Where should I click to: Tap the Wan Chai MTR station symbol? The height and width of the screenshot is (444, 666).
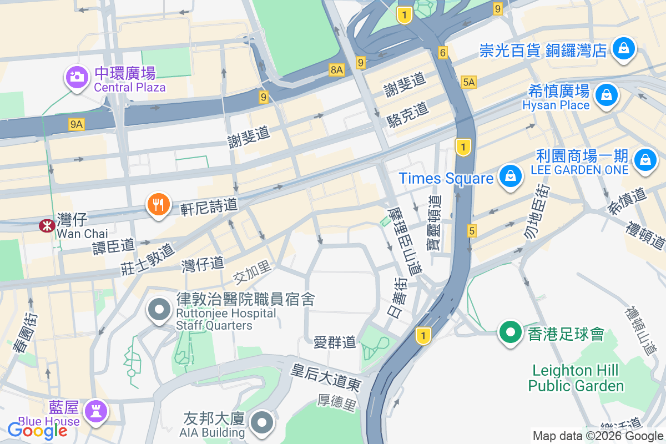click(x=45, y=225)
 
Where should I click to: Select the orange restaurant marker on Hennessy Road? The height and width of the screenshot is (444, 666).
click(x=158, y=205)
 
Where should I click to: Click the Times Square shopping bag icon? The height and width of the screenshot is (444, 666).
click(x=509, y=176)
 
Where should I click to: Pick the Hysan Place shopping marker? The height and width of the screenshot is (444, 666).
click(x=607, y=95)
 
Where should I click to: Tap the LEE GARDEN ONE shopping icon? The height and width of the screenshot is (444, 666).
click(x=645, y=159)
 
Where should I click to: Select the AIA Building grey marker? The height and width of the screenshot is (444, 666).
click(x=261, y=423)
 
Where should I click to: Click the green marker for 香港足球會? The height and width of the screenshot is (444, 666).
click(x=509, y=332)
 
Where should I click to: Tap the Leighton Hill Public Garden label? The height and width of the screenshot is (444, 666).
click(x=576, y=378)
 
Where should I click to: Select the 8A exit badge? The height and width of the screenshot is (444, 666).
click(x=337, y=69)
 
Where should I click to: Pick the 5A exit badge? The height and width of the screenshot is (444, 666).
click(x=469, y=82)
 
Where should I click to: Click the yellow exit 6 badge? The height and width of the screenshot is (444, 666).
click(x=442, y=53)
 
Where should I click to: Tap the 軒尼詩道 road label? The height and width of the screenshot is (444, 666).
click(x=209, y=207)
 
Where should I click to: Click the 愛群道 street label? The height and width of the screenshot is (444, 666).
click(x=335, y=342)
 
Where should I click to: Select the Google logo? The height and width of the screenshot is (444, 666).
click(x=38, y=430)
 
